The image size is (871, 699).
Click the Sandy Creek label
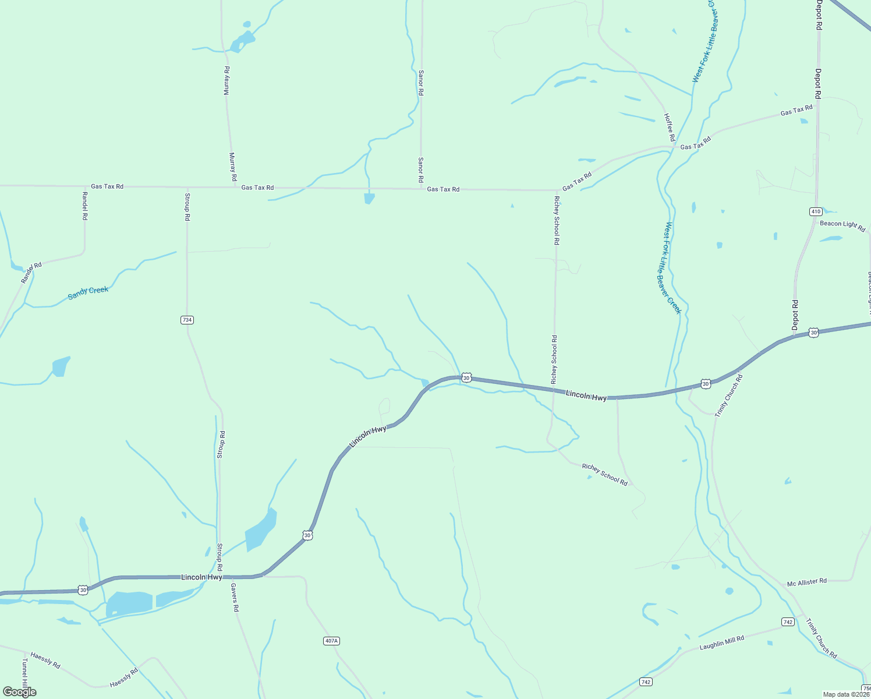(x=88, y=292)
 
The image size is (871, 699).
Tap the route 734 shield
(x=186, y=320)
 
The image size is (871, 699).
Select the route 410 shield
(x=816, y=211)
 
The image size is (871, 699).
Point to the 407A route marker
(x=331, y=641)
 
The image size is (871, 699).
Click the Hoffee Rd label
(x=670, y=127)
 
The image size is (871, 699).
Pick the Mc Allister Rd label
(x=806, y=582)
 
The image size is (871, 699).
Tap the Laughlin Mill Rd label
(x=721, y=643)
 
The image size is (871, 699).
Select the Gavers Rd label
(x=235, y=597)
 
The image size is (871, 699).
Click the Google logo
(x=20, y=692)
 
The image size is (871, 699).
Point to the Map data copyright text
(x=846, y=694)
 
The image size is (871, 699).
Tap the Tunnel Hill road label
(x=24, y=673)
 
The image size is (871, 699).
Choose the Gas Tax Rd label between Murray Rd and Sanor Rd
(x=257, y=188)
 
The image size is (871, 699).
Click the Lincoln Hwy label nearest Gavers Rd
(x=201, y=577)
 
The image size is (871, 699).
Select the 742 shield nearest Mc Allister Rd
(x=788, y=622)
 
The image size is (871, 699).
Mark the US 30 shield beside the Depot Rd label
(x=813, y=333)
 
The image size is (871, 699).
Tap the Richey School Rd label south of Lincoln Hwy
(x=604, y=474)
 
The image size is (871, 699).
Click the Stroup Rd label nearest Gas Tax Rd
(x=187, y=207)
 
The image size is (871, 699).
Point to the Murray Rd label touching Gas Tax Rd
(x=233, y=167)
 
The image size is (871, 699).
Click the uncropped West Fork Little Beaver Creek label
(x=672, y=268)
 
